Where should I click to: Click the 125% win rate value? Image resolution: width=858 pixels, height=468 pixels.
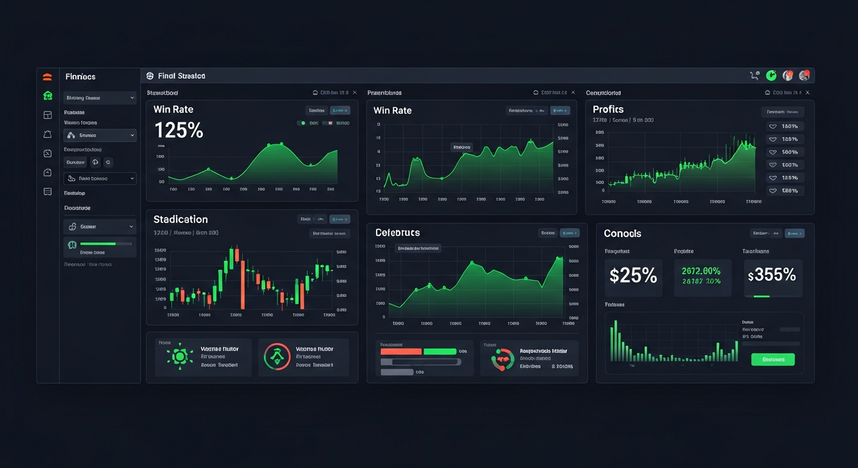(x=179, y=130)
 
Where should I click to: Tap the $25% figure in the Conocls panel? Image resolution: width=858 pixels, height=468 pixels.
(x=633, y=275)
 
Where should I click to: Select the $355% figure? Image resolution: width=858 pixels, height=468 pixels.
(x=772, y=275)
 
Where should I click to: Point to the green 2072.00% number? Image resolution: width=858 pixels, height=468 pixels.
(x=701, y=271)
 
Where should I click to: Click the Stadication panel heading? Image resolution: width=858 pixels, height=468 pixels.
(x=180, y=219)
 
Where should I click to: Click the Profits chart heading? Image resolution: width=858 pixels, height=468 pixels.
(x=608, y=109)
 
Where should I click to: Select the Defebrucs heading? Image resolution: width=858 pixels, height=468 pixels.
(x=397, y=233)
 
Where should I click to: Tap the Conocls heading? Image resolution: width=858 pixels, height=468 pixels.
(x=622, y=233)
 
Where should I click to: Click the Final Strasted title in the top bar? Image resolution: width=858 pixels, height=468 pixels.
(x=181, y=76)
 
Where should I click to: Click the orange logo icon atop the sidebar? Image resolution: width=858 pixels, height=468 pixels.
(x=48, y=77)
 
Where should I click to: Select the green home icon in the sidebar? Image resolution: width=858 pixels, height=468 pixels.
(x=48, y=96)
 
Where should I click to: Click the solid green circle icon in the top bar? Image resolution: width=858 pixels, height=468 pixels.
(x=771, y=76)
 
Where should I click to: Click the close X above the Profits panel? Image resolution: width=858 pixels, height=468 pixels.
(x=807, y=93)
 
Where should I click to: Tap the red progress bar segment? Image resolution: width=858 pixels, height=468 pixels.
(x=401, y=352)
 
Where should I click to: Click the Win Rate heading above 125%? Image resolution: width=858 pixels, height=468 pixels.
(x=173, y=110)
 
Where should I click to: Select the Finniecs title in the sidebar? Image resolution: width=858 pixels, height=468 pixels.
(x=80, y=77)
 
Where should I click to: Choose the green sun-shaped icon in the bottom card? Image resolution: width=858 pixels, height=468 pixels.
(x=179, y=357)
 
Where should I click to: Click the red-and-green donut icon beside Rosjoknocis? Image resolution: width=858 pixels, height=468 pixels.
(x=503, y=360)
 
